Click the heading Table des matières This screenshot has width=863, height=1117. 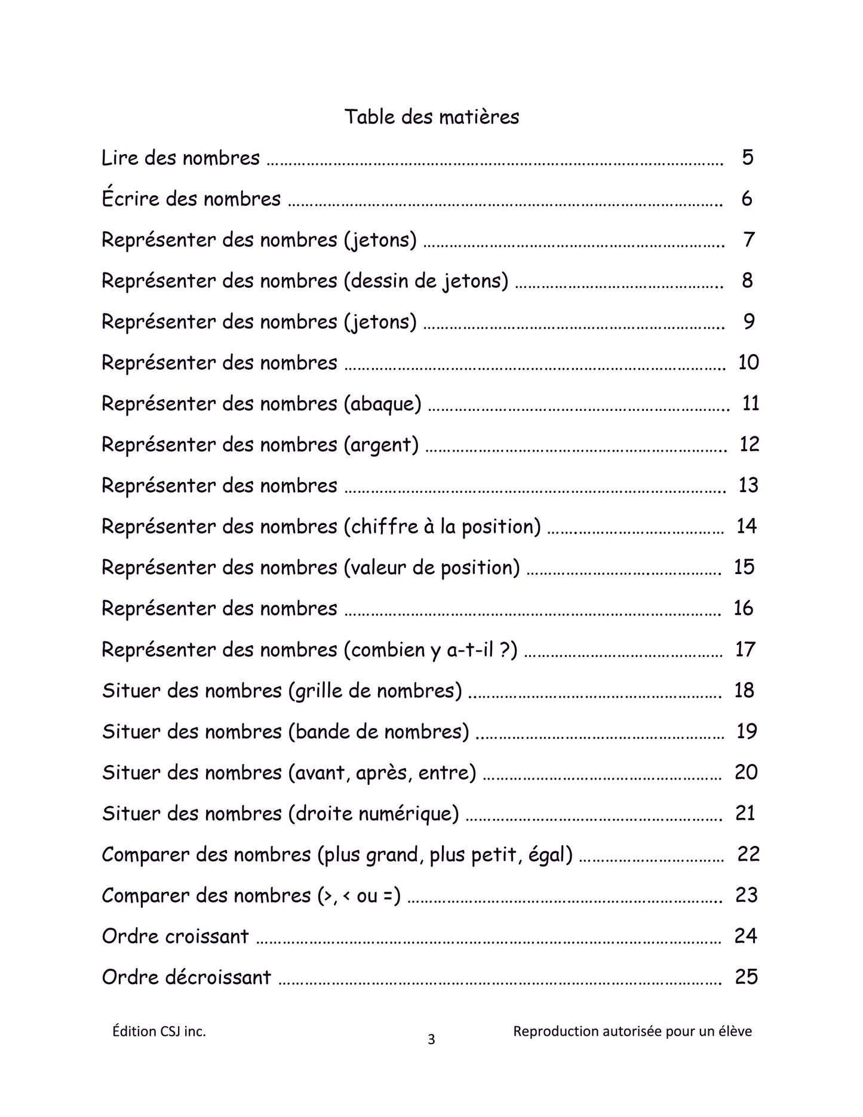431,116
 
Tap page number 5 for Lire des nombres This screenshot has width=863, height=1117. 747,158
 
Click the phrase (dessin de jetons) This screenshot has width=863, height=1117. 426,281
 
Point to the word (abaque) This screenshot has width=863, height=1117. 382,404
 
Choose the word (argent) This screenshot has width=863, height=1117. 381,445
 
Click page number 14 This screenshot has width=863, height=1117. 747,526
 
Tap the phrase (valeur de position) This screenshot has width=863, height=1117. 432,567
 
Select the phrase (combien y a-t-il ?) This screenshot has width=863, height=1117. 431,650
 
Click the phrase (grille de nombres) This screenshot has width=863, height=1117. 374,691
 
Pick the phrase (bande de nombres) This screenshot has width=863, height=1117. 378,732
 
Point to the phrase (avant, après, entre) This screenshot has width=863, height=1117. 382,773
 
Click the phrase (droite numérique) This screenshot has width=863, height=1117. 373,814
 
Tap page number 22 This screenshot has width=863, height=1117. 748,854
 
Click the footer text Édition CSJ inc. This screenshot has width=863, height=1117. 159,1031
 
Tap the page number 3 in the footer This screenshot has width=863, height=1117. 431,1040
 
